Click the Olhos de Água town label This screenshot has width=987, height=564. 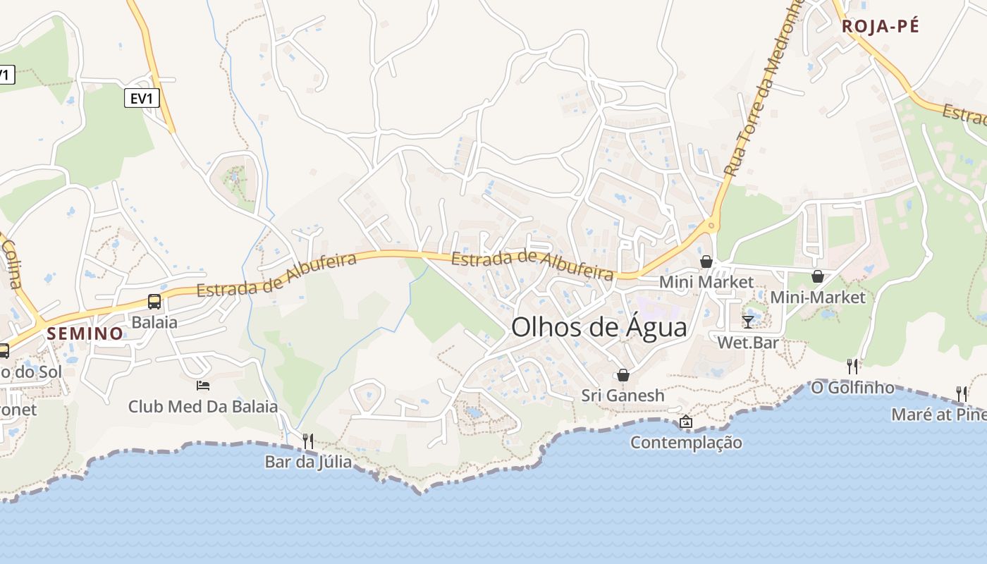(x=599, y=328)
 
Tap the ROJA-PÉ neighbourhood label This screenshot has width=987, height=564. (x=881, y=27)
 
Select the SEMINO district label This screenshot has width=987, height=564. (x=85, y=333)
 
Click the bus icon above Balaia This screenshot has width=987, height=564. (x=154, y=302)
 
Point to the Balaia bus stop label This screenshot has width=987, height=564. (x=154, y=323)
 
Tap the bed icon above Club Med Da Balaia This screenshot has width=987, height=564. (x=203, y=386)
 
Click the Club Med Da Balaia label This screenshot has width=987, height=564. (x=203, y=407)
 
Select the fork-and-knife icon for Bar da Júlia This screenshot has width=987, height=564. (x=308, y=441)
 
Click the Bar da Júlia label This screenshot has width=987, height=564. (x=308, y=462)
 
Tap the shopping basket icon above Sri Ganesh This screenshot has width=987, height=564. (x=623, y=374)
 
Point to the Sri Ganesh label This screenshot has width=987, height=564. (x=623, y=396)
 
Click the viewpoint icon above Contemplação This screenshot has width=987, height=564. (x=685, y=422)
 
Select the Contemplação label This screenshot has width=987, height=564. (x=685, y=443)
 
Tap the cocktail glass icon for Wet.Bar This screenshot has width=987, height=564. (x=748, y=321)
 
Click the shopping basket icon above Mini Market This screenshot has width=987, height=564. (x=706, y=262)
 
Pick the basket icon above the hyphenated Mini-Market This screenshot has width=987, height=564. (x=817, y=276)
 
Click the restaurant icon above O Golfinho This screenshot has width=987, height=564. (x=852, y=366)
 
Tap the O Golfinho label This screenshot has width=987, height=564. (x=852, y=388)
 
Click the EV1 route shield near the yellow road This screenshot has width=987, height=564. (x=142, y=99)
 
